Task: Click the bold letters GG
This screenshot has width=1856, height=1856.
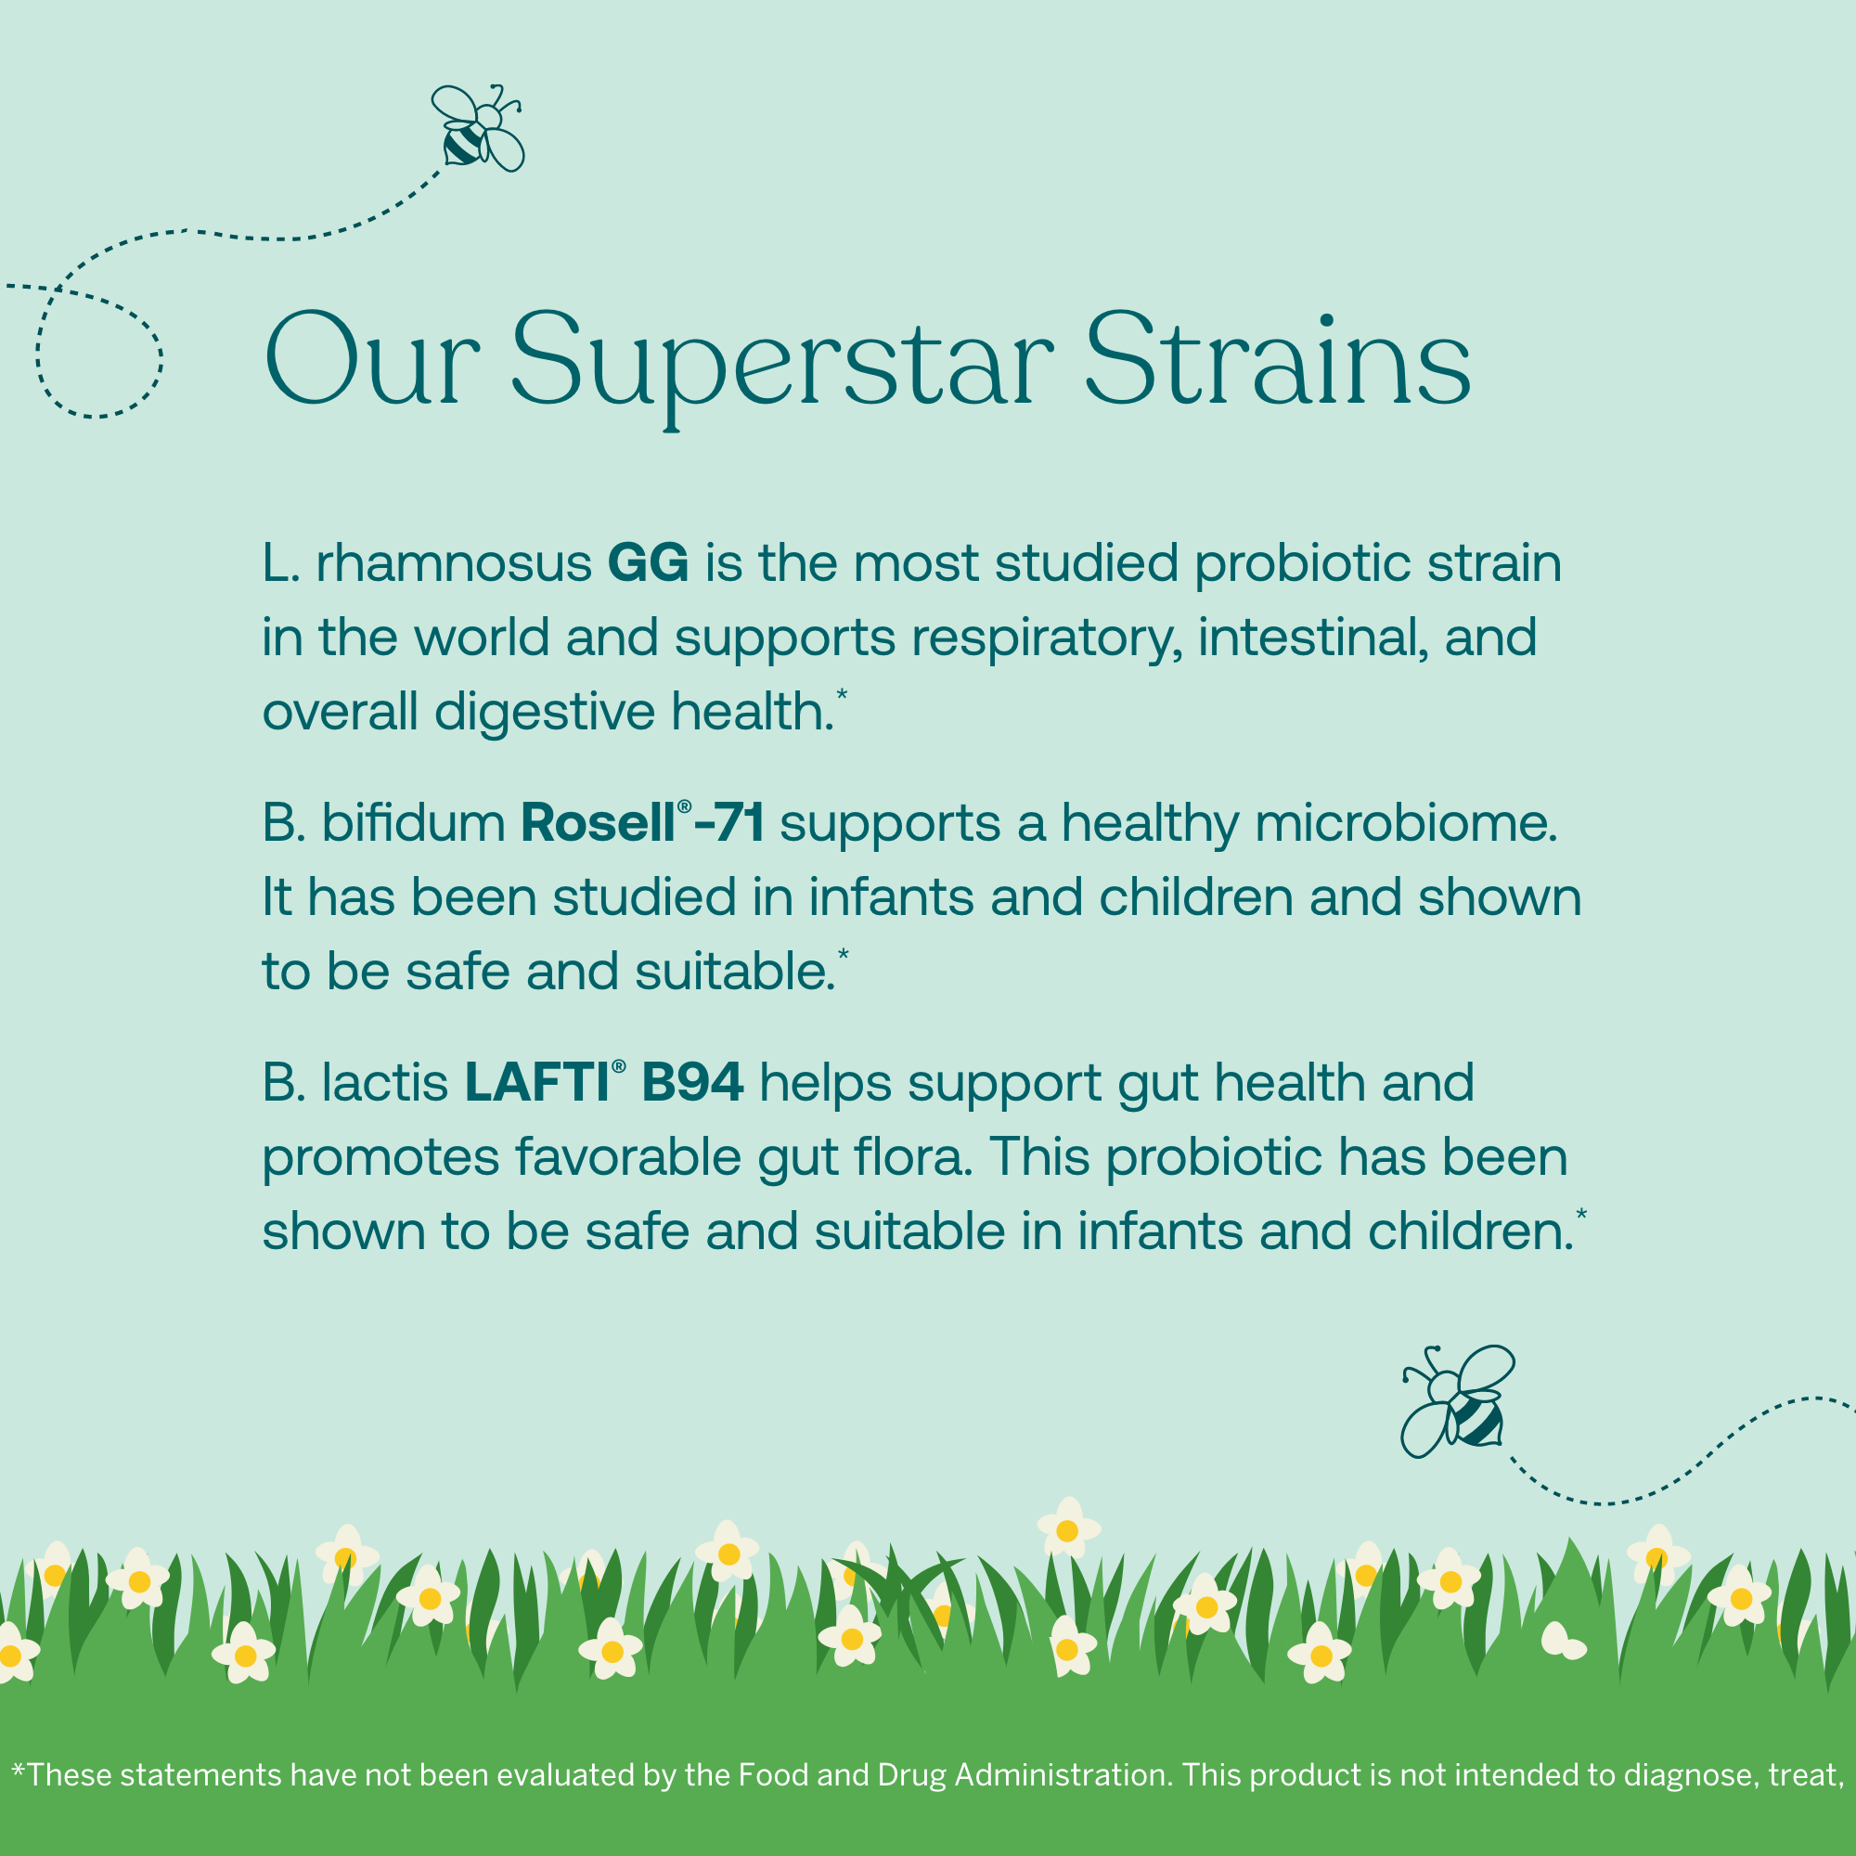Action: tap(648, 562)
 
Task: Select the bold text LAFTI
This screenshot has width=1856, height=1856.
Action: tap(537, 1083)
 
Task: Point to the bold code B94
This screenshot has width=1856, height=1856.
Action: tap(691, 1083)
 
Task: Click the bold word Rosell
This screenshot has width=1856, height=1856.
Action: tap(598, 823)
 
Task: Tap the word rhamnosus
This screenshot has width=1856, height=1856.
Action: tap(454, 564)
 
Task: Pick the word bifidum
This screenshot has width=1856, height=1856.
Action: tap(413, 823)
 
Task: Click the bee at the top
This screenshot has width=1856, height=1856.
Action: tap(477, 129)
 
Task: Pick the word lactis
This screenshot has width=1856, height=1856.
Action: tap(384, 1083)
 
